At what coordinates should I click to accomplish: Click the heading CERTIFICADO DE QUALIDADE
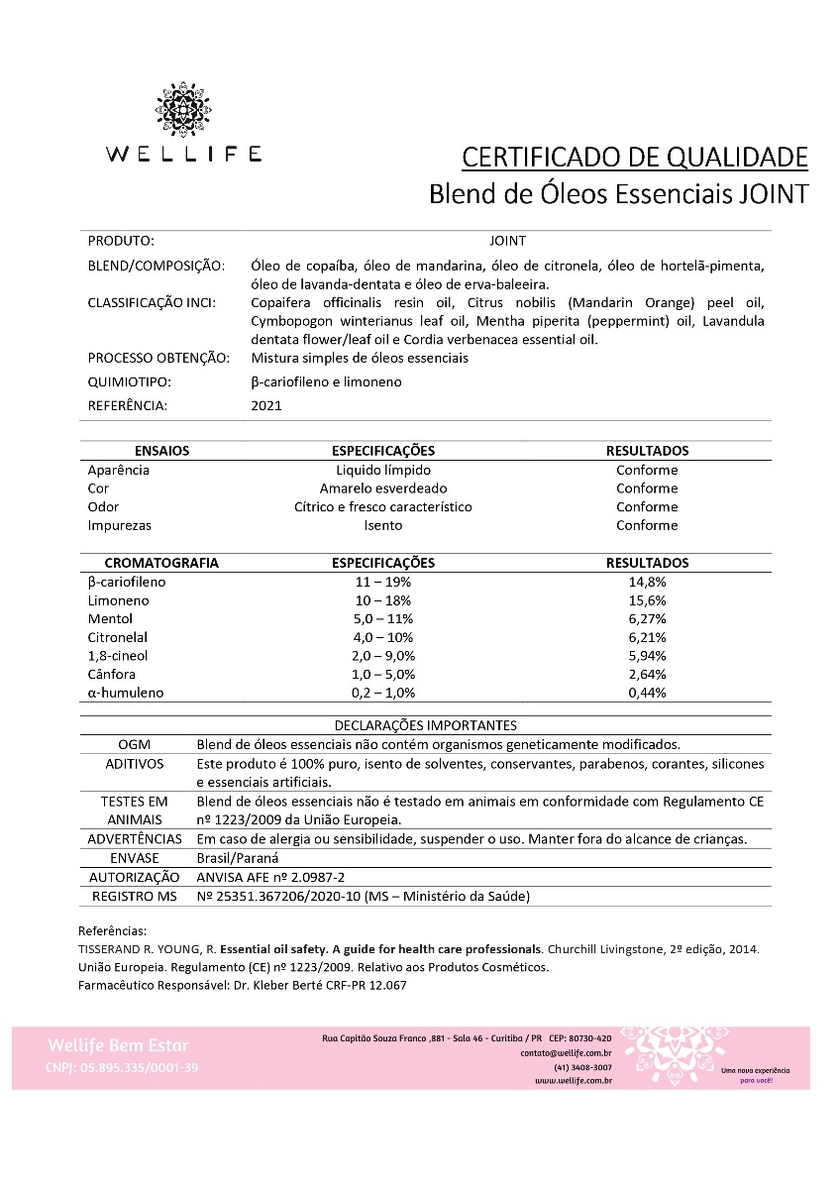(x=635, y=157)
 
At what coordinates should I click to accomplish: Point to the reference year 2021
(x=266, y=405)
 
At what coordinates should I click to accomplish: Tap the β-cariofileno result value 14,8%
(x=647, y=582)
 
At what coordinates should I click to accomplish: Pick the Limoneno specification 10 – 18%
(x=383, y=600)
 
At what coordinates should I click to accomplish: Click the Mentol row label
(x=110, y=619)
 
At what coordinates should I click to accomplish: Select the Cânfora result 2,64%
(x=647, y=675)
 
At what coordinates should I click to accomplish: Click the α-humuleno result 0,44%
(x=647, y=693)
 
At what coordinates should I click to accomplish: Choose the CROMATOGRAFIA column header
(x=160, y=563)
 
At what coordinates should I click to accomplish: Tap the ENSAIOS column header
(x=161, y=451)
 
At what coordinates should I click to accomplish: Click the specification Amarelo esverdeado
(x=383, y=488)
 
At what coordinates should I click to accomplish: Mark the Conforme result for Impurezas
(x=647, y=525)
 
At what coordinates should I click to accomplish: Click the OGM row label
(x=135, y=744)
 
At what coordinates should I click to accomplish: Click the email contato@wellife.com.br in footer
(x=566, y=1053)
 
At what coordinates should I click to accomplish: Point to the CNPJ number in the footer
(x=122, y=1067)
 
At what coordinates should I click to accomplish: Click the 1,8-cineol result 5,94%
(x=647, y=656)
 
